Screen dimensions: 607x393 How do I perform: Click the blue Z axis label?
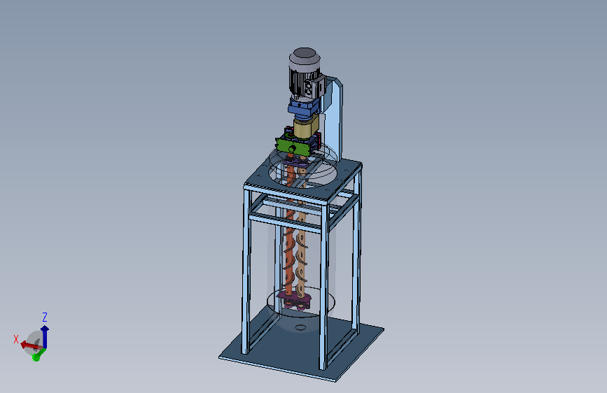tap(45, 317)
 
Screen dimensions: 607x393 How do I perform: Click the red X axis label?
tap(16, 339)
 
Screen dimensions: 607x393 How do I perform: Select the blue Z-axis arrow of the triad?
tap(45, 336)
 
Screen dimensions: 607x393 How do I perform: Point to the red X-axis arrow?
tap(31, 345)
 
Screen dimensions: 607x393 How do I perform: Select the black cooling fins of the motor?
tap(299, 82)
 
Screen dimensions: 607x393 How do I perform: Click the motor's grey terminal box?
tap(314, 87)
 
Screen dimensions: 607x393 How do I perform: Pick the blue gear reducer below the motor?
tap(304, 108)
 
